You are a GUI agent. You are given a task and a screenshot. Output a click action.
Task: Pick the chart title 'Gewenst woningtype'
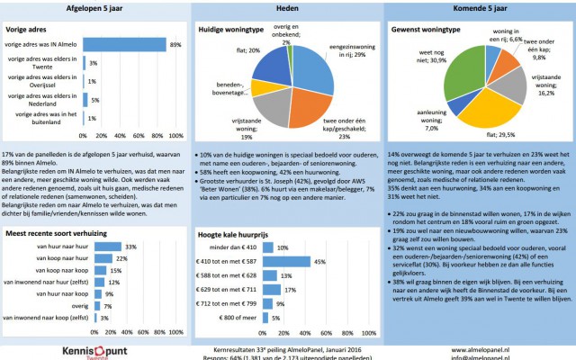coord(429,29)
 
